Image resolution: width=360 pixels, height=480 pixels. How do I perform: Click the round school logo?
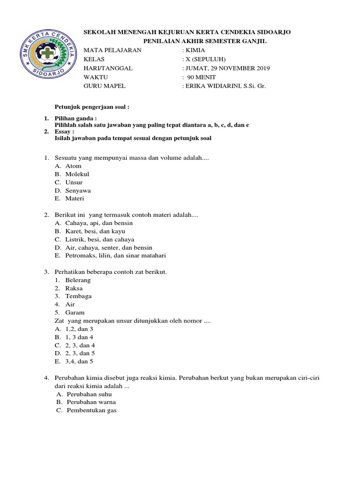(49, 55)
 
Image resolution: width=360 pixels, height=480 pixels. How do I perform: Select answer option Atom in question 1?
(74, 166)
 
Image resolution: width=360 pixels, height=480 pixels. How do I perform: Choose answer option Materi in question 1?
(75, 199)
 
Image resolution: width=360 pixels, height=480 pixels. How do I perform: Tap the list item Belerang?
(78, 280)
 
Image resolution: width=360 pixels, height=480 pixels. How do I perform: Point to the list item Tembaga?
(78, 296)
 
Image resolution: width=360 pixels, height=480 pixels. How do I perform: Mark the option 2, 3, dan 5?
(80, 353)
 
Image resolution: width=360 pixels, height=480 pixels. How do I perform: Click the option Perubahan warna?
(91, 402)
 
